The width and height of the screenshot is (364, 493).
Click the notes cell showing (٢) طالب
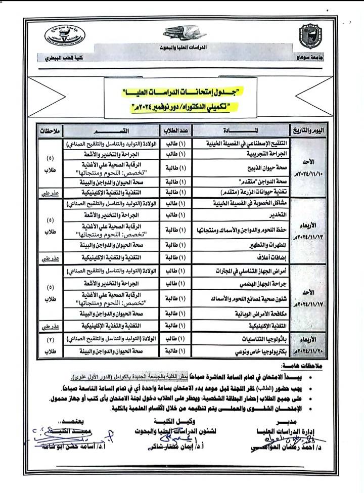51,344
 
